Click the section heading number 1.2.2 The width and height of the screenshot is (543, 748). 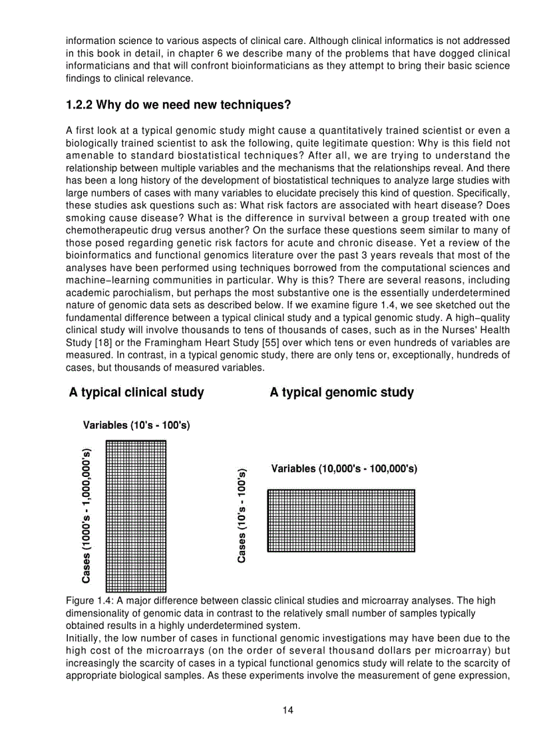coord(81,105)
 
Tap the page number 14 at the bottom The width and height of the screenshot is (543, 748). coord(287,710)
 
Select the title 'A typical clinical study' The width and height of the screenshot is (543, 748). coord(136,392)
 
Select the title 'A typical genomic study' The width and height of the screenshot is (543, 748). coord(341,392)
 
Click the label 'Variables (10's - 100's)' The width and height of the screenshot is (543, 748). coord(136,426)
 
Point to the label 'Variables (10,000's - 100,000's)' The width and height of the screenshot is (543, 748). coord(344,469)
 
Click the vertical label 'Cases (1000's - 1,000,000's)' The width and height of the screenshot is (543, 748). coord(86,516)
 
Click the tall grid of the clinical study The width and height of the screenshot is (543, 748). coord(136,516)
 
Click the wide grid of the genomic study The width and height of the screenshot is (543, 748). coord(341,520)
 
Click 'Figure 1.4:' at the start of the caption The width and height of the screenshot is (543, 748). coord(90,601)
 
